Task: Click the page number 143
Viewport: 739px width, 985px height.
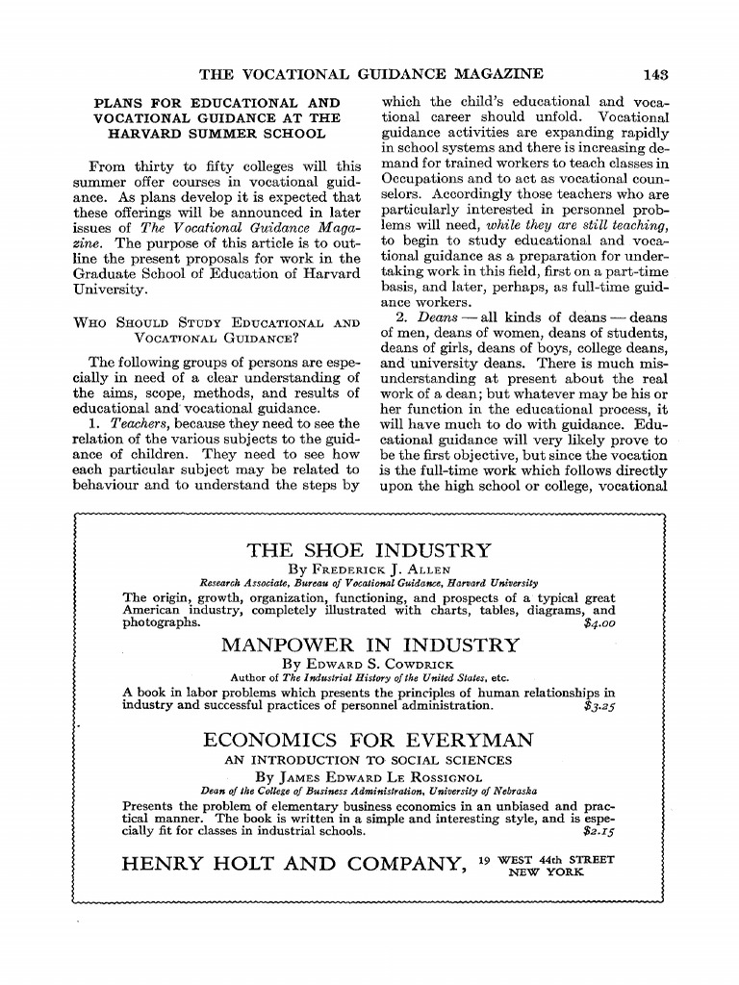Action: point(657,74)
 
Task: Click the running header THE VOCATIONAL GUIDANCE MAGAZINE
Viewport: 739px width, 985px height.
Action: point(370,74)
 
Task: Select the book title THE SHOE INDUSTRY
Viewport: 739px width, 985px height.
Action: point(369,551)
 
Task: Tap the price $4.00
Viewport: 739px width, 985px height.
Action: point(599,622)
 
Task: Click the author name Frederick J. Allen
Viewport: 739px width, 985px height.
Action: point(369,569)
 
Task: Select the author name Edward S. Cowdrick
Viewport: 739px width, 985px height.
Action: point(369,664)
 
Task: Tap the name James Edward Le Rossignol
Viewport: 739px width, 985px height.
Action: point(369,776)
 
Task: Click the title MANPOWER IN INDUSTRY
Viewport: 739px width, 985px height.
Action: point(369,644)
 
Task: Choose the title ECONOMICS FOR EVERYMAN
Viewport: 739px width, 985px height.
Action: point(369,740)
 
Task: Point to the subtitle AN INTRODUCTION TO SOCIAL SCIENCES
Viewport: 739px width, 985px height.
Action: point(369,759)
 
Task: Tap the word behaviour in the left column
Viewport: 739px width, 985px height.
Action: point(107,484)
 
